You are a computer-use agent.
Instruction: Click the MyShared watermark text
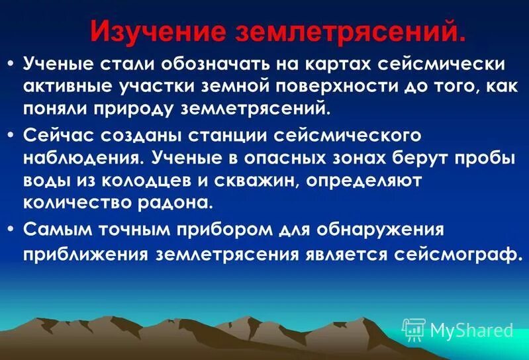point(471,330)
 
